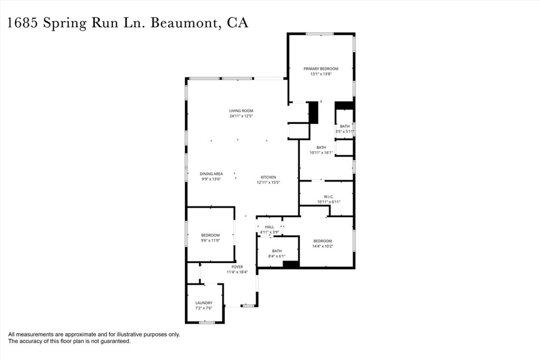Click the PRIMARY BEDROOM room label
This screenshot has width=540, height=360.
tap(321, 69)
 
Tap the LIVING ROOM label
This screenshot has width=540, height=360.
tap(241, 111)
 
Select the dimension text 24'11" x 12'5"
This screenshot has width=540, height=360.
tap(241, 116)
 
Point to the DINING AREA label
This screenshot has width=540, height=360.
tap(211, 174)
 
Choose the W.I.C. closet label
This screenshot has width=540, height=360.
tap(329, 197)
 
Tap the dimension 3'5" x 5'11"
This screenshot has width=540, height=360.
tap(344, 131)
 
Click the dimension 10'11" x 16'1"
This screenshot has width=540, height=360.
tap(321, 152)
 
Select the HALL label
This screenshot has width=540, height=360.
tap(269, 227)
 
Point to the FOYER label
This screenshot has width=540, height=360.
tap(237, 267)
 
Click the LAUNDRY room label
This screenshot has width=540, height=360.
tap(204, 303)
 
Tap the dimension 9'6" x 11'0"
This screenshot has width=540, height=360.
tap(210, 240)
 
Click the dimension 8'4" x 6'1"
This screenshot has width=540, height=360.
tap(276, 256)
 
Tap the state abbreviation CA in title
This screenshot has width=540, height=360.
tap(237, 23)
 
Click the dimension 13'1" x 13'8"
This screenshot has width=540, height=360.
tap(321, 74)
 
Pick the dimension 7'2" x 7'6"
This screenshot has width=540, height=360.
tap(204, 308)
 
